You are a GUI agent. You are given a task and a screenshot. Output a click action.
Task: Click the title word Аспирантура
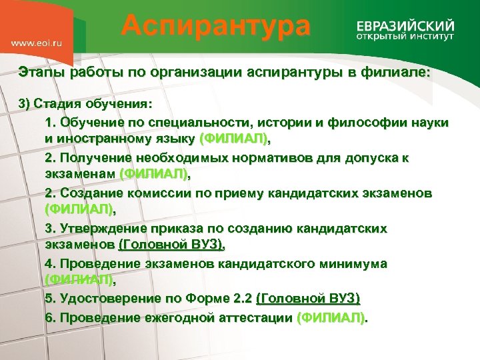click(216, 26)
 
